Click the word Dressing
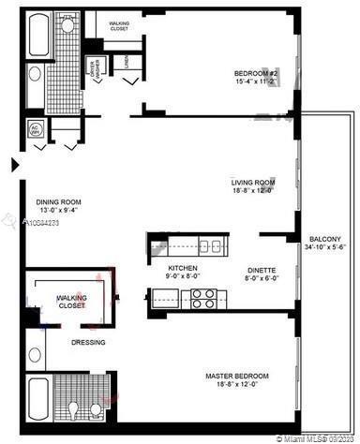tap(88, 342)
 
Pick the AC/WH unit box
tap(36, 128)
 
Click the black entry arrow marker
tap(13, 166)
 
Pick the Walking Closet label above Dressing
tap(71, 302)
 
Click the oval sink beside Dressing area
tap(36, 354)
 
